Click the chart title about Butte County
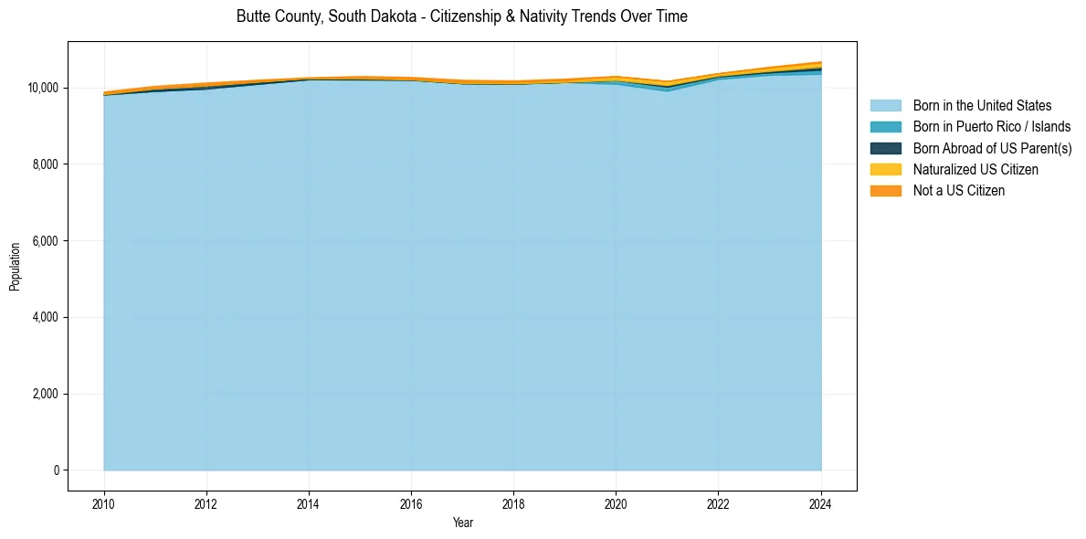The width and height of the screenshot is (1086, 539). [x=461, y=16]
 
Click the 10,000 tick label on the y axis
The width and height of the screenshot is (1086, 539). [x=44, y=88]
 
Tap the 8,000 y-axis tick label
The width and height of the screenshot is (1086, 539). [x=47, y=164]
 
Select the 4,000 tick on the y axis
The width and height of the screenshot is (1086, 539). [x=47, y=317]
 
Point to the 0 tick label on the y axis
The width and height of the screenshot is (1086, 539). [x=57, y=470]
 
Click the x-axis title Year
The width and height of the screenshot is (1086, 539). [x=462, y=523]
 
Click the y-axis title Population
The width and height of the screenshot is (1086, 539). [x=15, y=267]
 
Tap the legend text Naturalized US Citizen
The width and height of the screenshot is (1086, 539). [x=975, y=170]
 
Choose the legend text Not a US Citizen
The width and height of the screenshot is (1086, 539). [x=958, y=191]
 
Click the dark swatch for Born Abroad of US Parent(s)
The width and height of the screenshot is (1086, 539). [x=885, y=148]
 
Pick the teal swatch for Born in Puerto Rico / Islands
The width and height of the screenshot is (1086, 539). [x=885, y=127]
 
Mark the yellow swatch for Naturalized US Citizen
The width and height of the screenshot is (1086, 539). [x=885, y=170]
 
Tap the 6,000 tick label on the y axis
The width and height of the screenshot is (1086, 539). [x=47, y=241]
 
